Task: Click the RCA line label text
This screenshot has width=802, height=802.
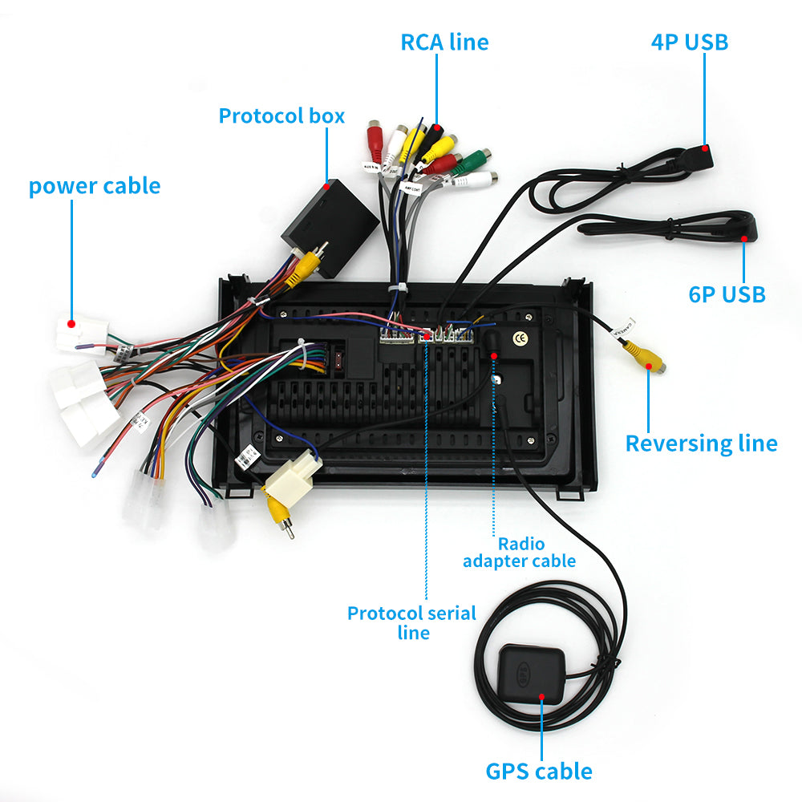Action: (x=444, y=42)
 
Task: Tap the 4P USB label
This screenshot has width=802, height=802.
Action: (x=690, y=42)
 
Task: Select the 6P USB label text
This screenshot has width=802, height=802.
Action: (x=727, y=294)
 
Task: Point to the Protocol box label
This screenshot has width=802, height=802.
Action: (x=282, y=115)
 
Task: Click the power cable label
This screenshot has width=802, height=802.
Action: (x=95, y=186)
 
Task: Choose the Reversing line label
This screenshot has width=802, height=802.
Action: (x=701, y=443)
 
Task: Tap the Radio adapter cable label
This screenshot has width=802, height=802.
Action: (x=519, y=553)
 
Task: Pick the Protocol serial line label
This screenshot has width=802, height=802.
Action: (x=411, y=622)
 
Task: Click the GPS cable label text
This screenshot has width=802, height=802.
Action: (x=539, y=772)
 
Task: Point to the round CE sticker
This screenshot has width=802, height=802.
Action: (x=520, y=338)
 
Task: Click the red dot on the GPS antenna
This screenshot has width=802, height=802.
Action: (x=541, y=696)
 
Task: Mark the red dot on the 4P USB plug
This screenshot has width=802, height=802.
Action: (x=704, y=148)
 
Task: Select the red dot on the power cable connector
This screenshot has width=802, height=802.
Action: (x=71, y=324)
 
